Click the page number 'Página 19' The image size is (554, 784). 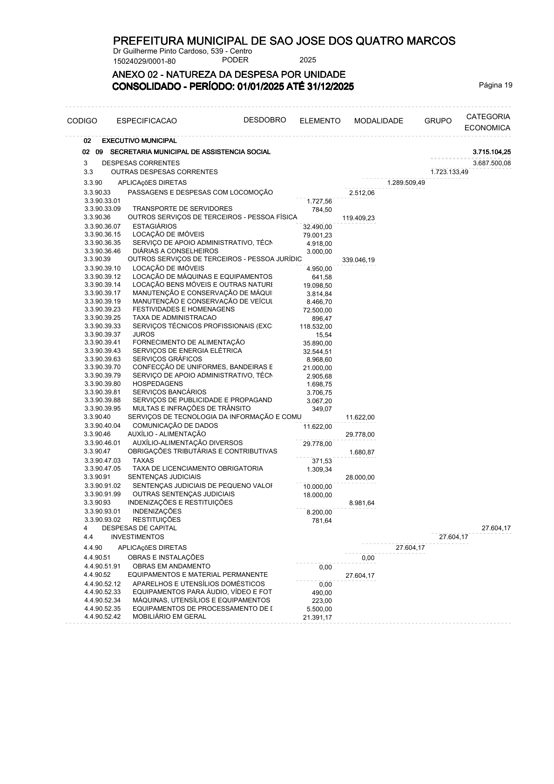click(495, 85)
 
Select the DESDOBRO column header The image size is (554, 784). click(264, 120)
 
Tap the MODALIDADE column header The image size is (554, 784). click(378, 121)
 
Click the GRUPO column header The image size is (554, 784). click(438, 121)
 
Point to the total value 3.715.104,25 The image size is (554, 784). click(492, 152)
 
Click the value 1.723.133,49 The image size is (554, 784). click(449, 172)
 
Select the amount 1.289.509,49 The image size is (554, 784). click(406, 182)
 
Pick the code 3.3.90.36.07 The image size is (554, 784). click(102, 226)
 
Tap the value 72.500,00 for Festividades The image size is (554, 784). click(318, 310)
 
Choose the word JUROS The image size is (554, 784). click(143, 334)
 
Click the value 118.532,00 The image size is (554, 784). click(316, 327)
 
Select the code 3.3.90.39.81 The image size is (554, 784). click(102, 392)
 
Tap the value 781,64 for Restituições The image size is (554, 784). click(322, 520)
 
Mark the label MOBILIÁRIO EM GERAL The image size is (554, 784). click(169, 616)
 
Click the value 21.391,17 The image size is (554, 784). click(318, 617)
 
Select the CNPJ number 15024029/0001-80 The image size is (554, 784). click(144, 61)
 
